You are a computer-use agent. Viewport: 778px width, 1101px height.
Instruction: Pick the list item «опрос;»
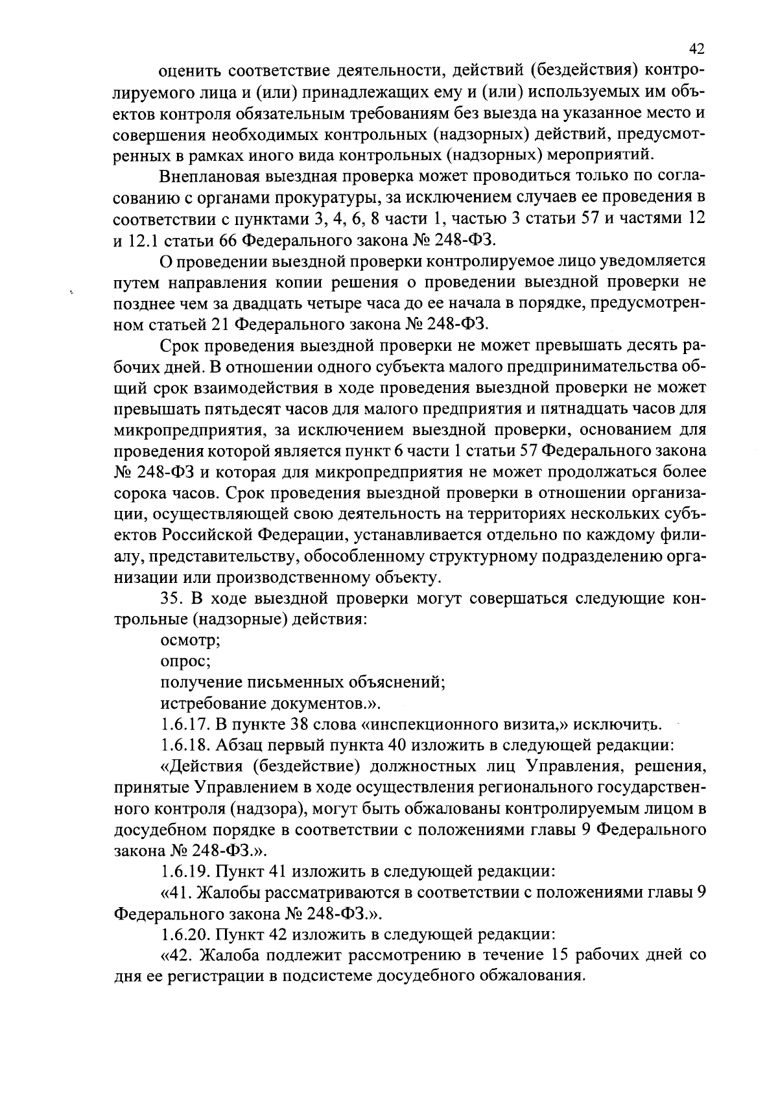click(x=185, y=661)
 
